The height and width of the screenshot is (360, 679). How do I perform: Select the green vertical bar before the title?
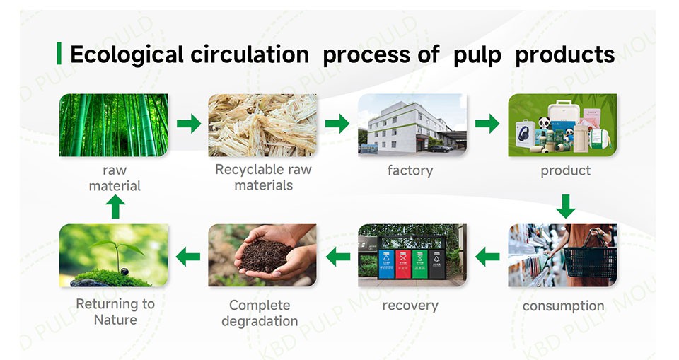pyautogui.click(x=59, y=54)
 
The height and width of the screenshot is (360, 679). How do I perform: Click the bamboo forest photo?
pyautogui.click(x=114, y=124)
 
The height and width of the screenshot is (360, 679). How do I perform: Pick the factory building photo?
pyautogui.click(x=412, y=124)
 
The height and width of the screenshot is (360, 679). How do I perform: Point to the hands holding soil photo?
pyautogui.click(x=262, y=255)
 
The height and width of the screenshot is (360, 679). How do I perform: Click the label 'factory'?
pyautogui.click(x=410, y=170)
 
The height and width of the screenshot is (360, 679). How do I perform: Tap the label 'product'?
pyautogui.click(x=565, y=170)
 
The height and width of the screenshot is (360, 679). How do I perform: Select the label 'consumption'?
pyautogui.click(x=563, y=306)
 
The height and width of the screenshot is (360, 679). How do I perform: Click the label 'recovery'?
pyautogui.click(x=410, y=306)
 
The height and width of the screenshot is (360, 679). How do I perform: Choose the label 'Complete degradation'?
pyautogui.click(x=260, y=313)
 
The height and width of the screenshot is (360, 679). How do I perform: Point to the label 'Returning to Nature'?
pyautogui.click(x=115, y=311)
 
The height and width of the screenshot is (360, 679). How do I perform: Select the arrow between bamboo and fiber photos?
pyautogui.click(x=189, y=124)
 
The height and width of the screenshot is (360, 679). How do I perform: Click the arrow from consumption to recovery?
pyautogui.click(x=487, y=256)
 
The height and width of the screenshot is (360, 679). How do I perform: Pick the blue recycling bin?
pyautogui.click(x=386, y=263)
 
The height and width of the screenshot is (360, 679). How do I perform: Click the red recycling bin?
pyautogui.click(x=403, y=263)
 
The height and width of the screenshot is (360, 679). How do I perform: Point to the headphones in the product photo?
pyautogui.click(x=526, y=134)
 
